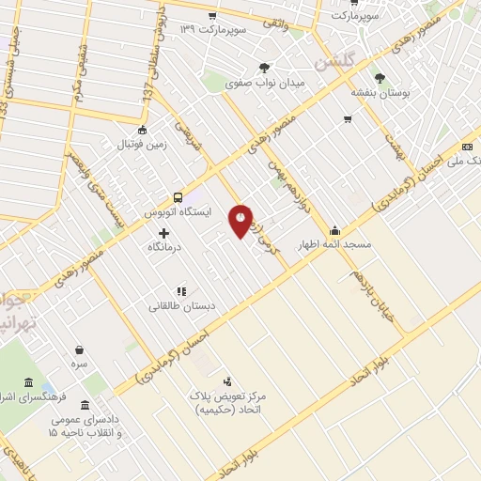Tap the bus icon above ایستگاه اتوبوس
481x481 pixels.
[178, 197]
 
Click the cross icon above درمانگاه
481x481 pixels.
[163, 232]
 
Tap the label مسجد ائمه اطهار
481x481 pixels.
[335, 244]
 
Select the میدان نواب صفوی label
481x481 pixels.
[266, 83]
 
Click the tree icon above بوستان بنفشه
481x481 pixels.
[380, 79]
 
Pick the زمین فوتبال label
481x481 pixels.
[141, 146]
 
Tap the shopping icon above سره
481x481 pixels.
[79, 349]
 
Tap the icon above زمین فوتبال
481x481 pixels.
[142, 131]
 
